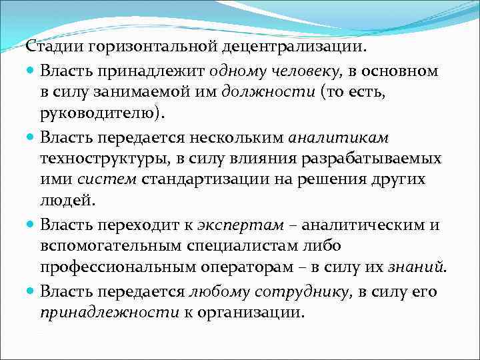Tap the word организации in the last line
253,311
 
